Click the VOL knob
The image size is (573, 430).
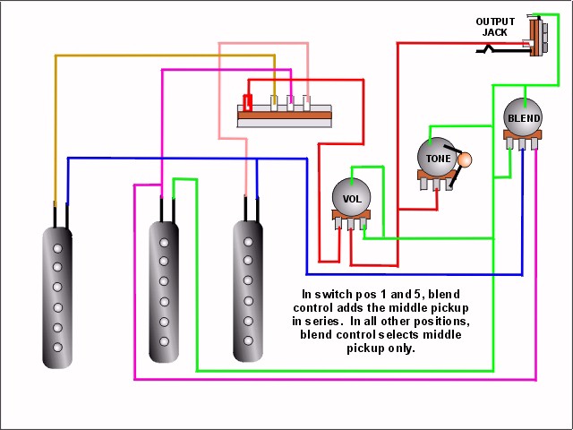coord(351,197)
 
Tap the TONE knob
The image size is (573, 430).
coord(437,157)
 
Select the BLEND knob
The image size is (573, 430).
coord(523,117)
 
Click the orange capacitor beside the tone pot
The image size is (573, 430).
coord(465,159)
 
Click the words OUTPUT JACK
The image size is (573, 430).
coord(495,27)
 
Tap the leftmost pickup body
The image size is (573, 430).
coord(57,297)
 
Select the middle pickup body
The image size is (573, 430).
coord(164,291)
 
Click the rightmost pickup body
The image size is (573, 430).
coord(248,291)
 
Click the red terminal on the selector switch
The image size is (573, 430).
coord(248,102)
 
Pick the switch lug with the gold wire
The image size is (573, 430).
coord(274,103)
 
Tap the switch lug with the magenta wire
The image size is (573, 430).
coord(290,103)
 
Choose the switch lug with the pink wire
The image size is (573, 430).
coord(306,103)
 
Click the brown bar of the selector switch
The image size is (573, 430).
coord(285,116)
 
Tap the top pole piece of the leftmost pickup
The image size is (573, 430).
coord(57,249)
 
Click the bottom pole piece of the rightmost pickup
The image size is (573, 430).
coord(248,340)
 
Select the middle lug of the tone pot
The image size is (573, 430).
coord(436,184)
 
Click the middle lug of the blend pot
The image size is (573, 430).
coord(522,144)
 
